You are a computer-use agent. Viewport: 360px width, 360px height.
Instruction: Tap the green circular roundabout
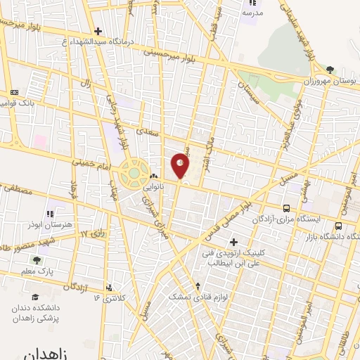coord(131,173)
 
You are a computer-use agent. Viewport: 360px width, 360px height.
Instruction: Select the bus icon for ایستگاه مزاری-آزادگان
coord(286,208)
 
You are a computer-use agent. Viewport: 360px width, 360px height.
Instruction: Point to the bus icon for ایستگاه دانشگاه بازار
coord(339,226)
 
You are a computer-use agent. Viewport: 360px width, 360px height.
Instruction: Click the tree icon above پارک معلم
coord(36,259)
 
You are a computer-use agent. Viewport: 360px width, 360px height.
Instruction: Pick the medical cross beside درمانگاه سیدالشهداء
coord(98,31)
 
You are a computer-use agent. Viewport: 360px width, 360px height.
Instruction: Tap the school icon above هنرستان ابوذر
coord(50,213)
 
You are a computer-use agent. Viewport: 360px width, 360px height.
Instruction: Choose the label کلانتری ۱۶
coord(110,298)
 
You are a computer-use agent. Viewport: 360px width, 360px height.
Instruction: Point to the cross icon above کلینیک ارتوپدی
coord(233,242)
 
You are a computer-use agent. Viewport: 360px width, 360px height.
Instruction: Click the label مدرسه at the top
coord(252,13)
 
